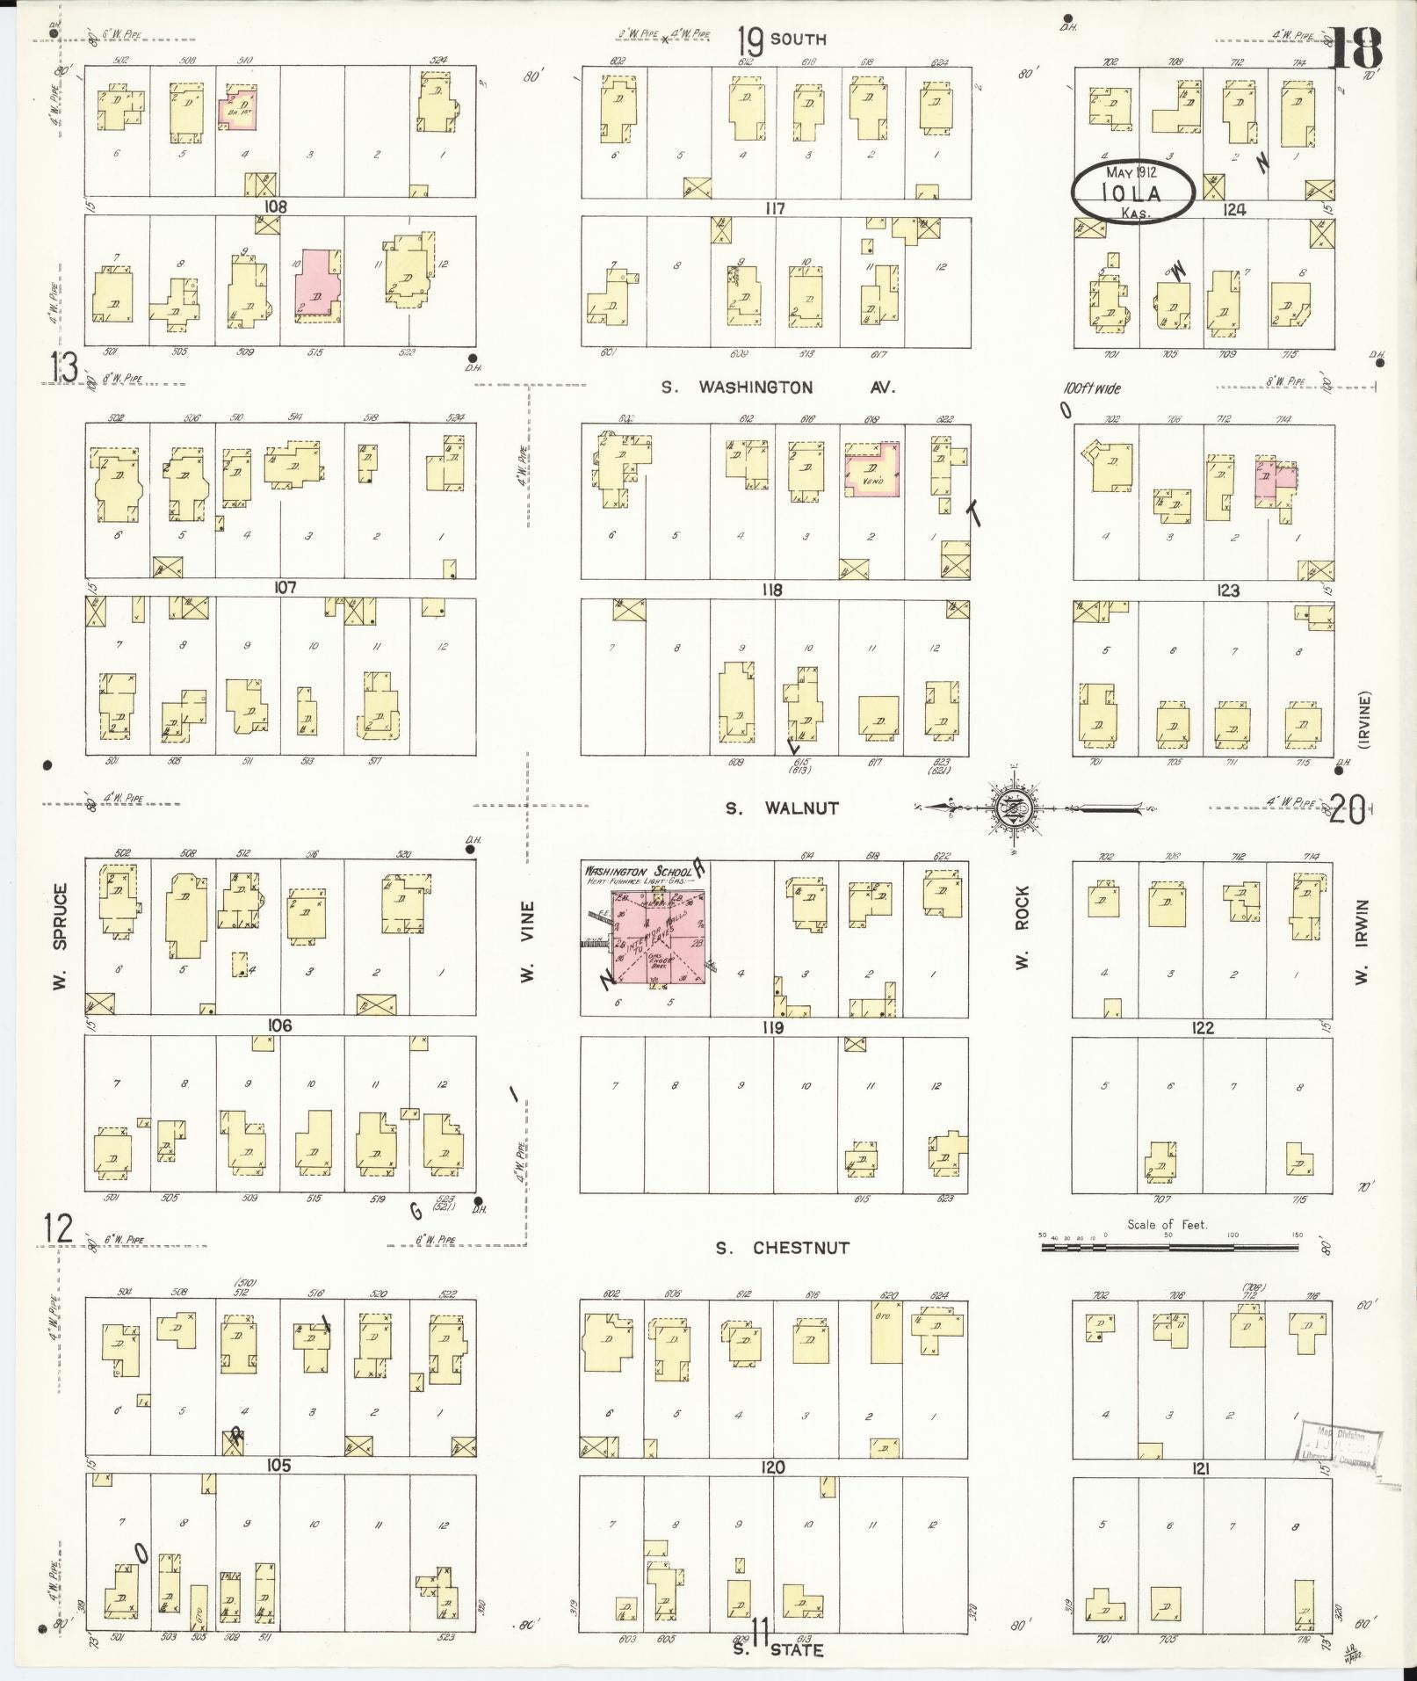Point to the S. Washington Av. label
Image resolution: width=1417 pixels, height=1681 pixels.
coord(778,387)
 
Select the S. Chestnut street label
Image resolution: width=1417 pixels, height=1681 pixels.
coord(782,1248)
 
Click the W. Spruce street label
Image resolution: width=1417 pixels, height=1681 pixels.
coord(60,936)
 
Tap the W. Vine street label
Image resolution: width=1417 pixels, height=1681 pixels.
coord(528,940)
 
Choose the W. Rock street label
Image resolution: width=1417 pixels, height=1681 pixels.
coord(1022,927)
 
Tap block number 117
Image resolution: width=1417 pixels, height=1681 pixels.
coord(774,209)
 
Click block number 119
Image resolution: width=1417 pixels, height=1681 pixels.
coord(772,1027)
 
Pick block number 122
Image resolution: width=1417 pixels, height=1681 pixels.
coord(1202,1027)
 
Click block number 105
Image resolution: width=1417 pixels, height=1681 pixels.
coord(278,1466)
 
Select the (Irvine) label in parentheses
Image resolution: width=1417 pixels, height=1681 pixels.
coord(1364,721)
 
